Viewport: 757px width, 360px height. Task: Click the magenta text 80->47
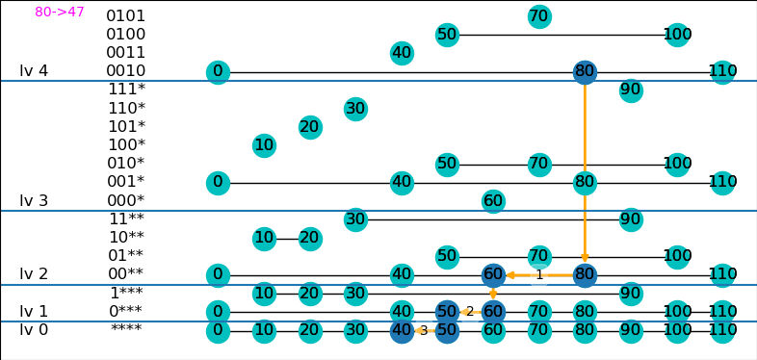tap(60, 12)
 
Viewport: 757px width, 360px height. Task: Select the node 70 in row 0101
tap(538, 16)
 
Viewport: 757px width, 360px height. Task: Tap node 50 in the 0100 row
tap(447, 35)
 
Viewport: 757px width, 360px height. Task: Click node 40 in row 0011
tap(402, 53)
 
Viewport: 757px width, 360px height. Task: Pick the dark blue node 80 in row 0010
tap(585, 72)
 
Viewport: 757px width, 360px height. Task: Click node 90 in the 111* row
tap(631, 90)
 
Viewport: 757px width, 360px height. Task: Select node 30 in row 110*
tap(355, 109)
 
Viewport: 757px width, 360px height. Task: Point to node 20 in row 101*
tap(310, 127)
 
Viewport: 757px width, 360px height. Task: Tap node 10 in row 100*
tap(264, 145)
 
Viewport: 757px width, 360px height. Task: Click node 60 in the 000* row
tap(493, 201)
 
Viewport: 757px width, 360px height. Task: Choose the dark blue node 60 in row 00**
tap(493, 275)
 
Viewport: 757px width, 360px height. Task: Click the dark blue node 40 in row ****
tap(402, 331)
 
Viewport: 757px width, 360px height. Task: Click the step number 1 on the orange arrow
tap(539, 275)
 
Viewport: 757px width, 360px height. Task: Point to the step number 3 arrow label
tap(424, 331)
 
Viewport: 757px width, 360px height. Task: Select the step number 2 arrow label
tap(470, 312)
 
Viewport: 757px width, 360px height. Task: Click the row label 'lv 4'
tap(34, 71)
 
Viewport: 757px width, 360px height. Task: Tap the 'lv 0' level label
tap(34, 330)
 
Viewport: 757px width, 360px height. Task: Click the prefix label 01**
tap(126, 255)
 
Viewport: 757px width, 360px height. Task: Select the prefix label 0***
tap(126, 312)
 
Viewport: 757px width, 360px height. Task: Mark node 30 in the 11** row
tap(355, 219)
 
